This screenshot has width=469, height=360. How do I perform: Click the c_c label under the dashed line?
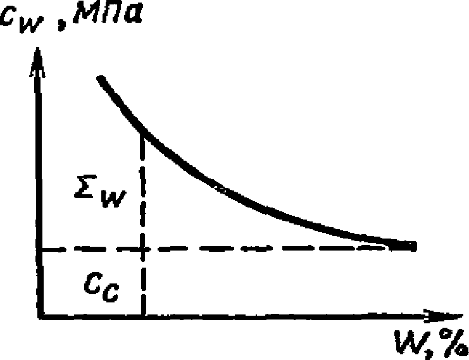pyautogui.click(x=105, y=289)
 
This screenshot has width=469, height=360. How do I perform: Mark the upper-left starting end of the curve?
pyautogui.click(x=100, y=78)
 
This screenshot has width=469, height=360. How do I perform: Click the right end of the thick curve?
pyautogui.click(x=413, y=245)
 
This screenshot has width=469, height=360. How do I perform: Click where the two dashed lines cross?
pyautogui.click(x=144, y=249)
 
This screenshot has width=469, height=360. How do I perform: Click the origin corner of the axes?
pyautogui.click(x=40, y=315)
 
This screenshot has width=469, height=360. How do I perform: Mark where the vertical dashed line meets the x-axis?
pyautogui.click(x=144, y=315)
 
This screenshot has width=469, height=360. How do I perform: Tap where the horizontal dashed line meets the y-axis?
pyautogui.click(x=40, y=249)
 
